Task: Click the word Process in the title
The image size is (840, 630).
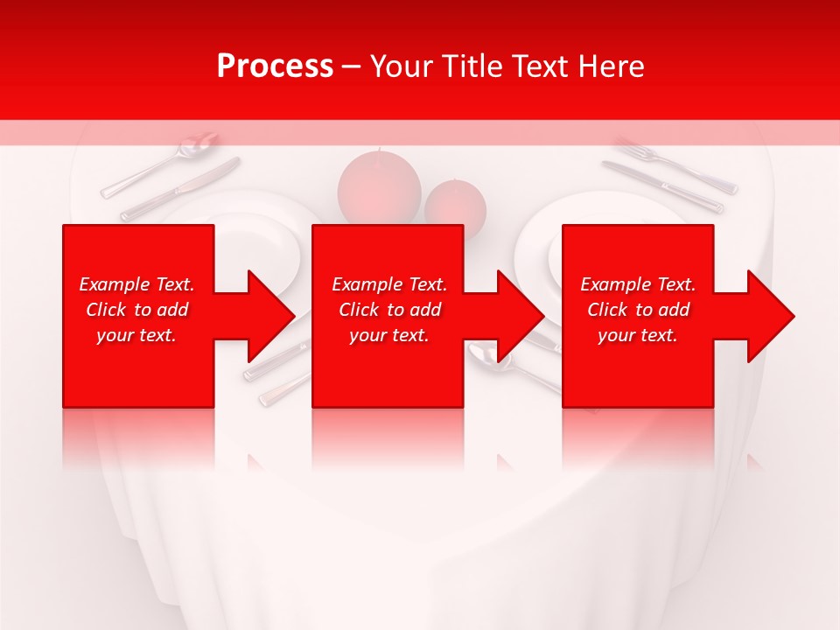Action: (275, 66)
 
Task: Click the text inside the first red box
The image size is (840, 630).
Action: (136, 310)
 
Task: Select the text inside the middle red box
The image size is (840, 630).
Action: (388, 310)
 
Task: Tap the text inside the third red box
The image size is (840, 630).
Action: (638, 310)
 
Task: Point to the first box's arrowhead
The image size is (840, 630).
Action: (272, 316)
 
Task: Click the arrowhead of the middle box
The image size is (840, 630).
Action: (521, 316)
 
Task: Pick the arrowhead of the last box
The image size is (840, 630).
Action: (772, 316)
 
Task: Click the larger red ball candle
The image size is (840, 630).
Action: (379, 185)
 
